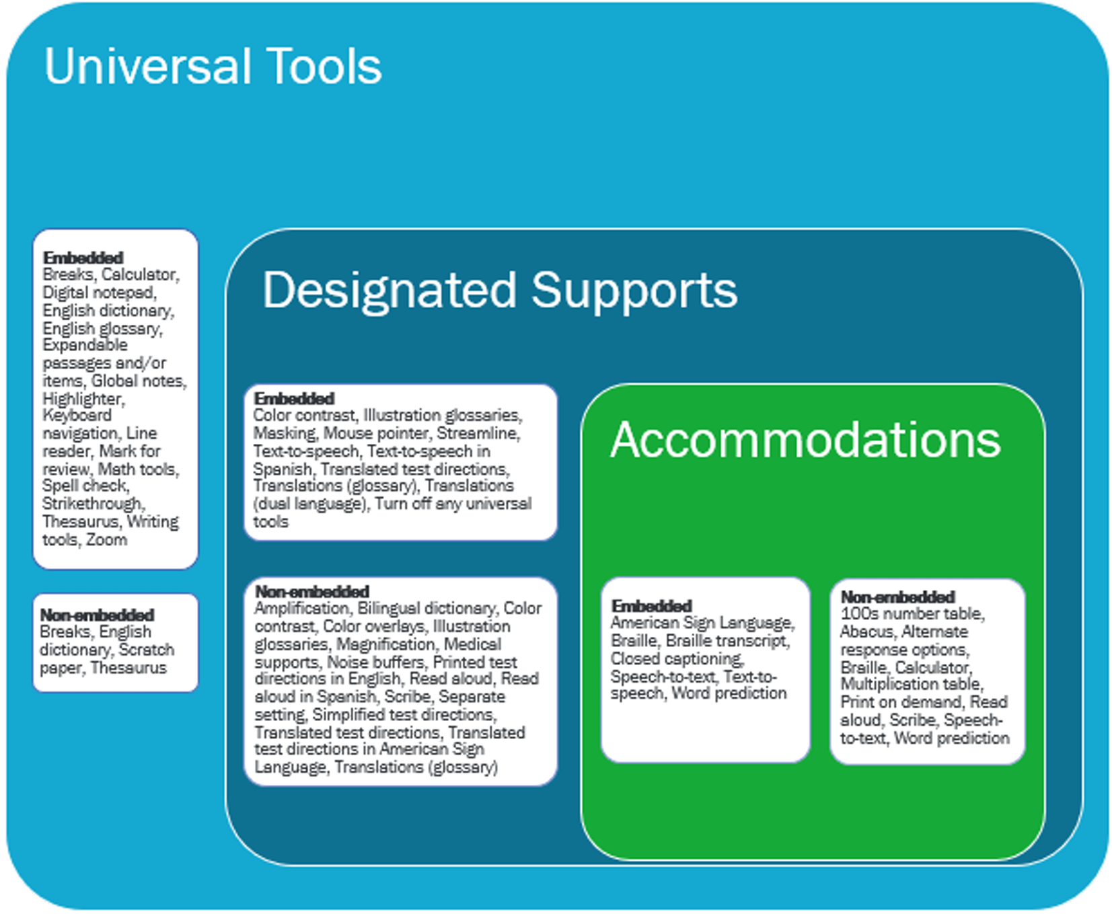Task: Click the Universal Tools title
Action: [213, 66]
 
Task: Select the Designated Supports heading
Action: [499, 290]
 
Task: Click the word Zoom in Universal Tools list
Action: [106, 539]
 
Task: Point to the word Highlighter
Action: [83, 399]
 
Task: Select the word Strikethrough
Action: [93, 504]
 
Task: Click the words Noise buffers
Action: [375, 662]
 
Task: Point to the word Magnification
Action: [385, 644]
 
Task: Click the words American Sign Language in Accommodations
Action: [702, 623]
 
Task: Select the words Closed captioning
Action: [677, 658]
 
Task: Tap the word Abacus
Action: [866, 632]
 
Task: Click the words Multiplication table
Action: [912, 684]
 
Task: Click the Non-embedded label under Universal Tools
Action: [97, 615]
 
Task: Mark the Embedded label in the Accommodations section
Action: [651, 605]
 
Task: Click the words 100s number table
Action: [912, 613]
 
